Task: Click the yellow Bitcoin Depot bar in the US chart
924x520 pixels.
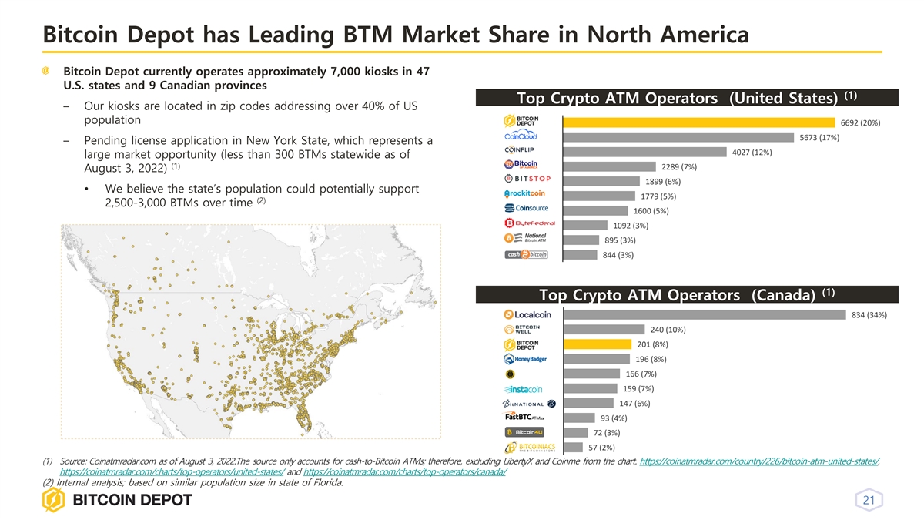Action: [x=698, y=122]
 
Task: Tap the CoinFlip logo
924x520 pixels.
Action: [x=520, y=149]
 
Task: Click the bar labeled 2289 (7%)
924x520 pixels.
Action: [x=608, y=166]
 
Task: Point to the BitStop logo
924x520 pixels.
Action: [x=527, y=180]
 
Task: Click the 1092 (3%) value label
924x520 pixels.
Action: [x=631, y=226]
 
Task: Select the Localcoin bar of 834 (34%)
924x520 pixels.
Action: [x=704, y=314]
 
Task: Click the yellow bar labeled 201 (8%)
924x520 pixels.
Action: [x=597, y=344]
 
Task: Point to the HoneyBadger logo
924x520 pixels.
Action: [x=525, y=359]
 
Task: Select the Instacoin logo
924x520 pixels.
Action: [x=524, y=389]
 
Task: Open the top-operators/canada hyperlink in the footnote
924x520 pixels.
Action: [x=405, y=471]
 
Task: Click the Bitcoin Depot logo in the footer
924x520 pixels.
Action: [x=117, y=501]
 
